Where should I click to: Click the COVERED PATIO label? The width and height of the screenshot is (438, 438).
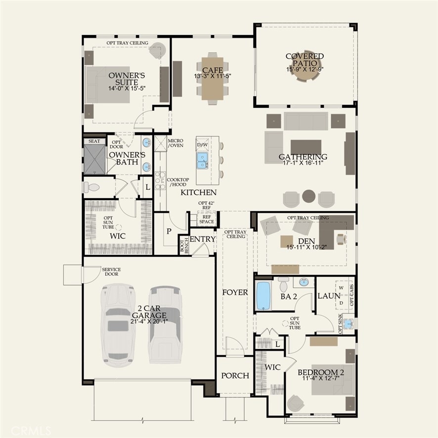point(305,59)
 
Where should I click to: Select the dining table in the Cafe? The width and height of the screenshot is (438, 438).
point(213,79)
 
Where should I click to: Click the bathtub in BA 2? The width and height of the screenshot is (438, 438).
point(263,296)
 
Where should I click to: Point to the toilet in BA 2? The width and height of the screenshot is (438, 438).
point(284,284)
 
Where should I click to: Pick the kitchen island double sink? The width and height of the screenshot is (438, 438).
point(202,161)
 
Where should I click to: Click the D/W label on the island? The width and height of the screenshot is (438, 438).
point(202,145)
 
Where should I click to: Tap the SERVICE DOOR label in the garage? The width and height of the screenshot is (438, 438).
point(111,271)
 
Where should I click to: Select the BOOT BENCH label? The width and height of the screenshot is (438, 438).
point(184,246)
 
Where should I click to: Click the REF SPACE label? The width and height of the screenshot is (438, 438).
point(207,219)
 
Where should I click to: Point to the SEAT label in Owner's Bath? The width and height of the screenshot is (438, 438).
point(94,141)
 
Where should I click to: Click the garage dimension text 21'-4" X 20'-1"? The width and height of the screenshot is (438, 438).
point(149,321)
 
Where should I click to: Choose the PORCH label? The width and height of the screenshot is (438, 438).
point(235,376)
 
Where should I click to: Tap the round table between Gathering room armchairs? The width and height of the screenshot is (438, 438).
point(308,196)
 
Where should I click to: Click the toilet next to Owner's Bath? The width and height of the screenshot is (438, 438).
point(91,187)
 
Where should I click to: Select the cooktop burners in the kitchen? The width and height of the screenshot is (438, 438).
point(160,180)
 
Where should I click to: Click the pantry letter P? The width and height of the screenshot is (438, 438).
point(169,231)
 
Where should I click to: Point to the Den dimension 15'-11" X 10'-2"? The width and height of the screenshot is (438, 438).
point(307,247)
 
